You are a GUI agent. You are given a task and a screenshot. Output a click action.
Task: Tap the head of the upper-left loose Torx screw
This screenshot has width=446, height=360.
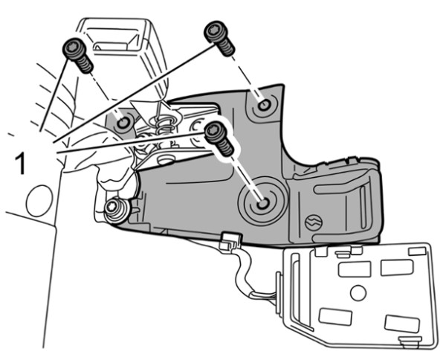pyautogui.click(x=73, y=48)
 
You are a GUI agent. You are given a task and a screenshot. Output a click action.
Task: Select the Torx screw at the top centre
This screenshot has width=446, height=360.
pyautogui.click(x=219, y=39)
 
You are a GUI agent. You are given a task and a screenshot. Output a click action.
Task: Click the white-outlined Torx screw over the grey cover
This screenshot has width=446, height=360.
pyautogui.click(x=219, y=138)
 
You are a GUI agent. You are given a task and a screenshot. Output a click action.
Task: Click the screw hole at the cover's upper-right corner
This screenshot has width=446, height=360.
pyautogui.click(x=264, y=106)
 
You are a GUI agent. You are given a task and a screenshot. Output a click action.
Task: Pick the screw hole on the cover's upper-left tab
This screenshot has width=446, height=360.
pyautogui.click(x=123, y=123)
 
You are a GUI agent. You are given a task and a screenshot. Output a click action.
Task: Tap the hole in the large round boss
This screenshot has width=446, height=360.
pyautogui.click(x=263, y=204)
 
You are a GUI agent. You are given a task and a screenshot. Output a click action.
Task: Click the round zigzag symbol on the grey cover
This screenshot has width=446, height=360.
pyautogui.click(x=313, y=222)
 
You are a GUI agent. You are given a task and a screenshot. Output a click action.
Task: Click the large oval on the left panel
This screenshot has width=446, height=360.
pyautogui.click(x=39, y=201)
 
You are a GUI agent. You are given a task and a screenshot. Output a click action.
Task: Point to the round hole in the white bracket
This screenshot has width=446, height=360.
pyautogui.click(x=358, y=293)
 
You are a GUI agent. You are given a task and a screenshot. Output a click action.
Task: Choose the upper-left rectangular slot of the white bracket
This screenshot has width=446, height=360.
pyautogui.click(x=355, y=269)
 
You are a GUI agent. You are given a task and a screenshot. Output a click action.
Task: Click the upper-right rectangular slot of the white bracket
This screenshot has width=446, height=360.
pyautogui.click(x=397, y=268)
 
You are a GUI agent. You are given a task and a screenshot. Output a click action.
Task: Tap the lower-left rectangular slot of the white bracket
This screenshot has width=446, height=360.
pyautogui.click(x=335, y=317)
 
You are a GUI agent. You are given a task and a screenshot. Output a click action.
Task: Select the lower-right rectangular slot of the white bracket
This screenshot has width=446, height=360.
pyautogui.click(x=402, y=324)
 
